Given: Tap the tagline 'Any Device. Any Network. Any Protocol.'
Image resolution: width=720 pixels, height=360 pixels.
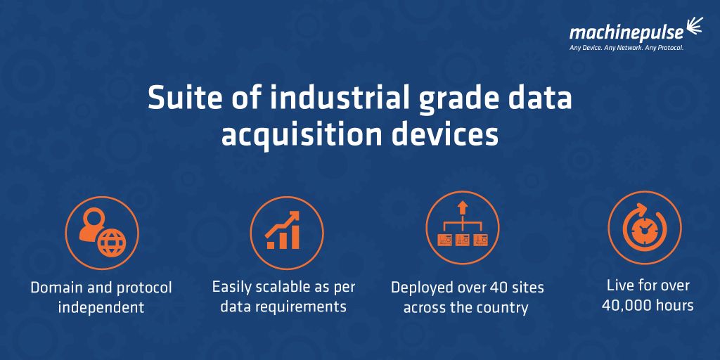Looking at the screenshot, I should click(626, 48).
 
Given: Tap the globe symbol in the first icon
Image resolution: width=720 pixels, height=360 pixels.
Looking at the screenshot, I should click(110, 243).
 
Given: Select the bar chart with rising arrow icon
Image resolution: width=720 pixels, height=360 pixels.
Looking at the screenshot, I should click(285, 231).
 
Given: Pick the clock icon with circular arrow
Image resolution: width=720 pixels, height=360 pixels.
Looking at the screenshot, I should click(644, 227).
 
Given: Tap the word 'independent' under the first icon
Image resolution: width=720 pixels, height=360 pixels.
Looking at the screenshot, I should click(101, 307).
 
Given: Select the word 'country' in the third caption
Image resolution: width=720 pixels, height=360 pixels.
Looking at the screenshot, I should click(503, 307).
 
